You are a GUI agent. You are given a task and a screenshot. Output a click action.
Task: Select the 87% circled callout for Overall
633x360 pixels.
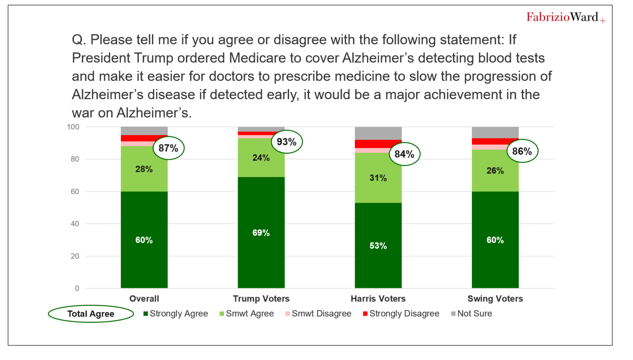pyautogui.click(x=168, y=148)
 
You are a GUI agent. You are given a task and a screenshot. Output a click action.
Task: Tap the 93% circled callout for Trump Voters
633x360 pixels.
pyautogui.click(x=286, y=143)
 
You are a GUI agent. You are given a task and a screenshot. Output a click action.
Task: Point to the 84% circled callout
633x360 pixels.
pyautogui.click(x=404, y=154)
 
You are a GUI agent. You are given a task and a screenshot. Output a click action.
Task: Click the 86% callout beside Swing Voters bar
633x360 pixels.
pyautogui.click(x=522, y=151)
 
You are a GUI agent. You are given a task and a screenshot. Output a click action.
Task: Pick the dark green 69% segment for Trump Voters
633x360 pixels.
pyautogui.click(x=261, y=233)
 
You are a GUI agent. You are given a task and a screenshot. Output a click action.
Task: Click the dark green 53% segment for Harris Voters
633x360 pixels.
pyautogui.click(x=378, y=245)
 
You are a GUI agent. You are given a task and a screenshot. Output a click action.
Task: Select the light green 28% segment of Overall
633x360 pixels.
pyautogui.click(x=144, y=169)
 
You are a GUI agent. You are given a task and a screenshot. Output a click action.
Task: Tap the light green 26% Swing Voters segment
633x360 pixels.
pyautogui.click(x=495, y=171)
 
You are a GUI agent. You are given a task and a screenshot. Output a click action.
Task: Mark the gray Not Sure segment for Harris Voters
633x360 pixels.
pyautogui.click(x=378, y=133)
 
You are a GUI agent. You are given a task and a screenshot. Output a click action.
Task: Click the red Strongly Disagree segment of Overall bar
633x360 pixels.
pyautogui.click(x=144, y=138)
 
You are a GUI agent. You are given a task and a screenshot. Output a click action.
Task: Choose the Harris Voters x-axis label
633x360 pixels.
pyautogui.click(x=378, y=299)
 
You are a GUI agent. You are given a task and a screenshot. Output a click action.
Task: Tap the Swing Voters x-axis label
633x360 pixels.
pyautogui.click(x=495, y=299)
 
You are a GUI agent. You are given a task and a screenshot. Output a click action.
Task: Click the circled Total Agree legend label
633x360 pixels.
pyautogui.click(x=90, y=314)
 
